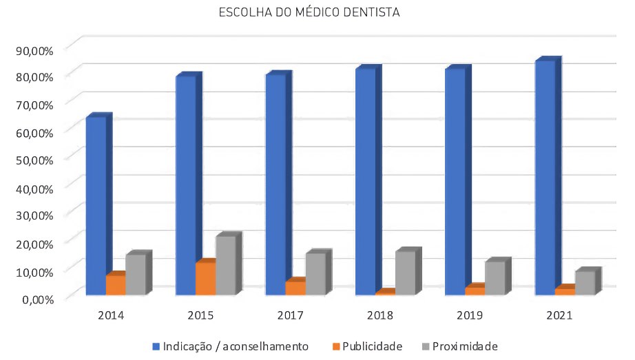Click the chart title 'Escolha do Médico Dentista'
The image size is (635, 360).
(309, 12)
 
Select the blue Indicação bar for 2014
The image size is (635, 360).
(96, 207)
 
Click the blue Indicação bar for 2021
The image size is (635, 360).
(545, 179)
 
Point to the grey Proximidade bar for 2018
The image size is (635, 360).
(406, 274)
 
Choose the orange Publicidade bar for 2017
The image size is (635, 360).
(295, 288)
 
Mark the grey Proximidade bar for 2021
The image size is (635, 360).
(585, 283)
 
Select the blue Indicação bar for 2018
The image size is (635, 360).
(366, 182)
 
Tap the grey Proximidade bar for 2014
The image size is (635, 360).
(135, 275)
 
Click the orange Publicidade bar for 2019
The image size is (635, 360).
(475, 291)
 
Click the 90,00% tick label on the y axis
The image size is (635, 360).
(34, 50)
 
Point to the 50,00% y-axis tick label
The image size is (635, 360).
(34, 160)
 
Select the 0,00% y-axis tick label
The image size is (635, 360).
(37, 299)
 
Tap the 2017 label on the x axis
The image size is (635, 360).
(290, 316)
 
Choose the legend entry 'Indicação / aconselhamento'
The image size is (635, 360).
(230, 346)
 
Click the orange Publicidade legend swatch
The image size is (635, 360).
(335, 346)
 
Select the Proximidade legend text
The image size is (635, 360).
(459, 346)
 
